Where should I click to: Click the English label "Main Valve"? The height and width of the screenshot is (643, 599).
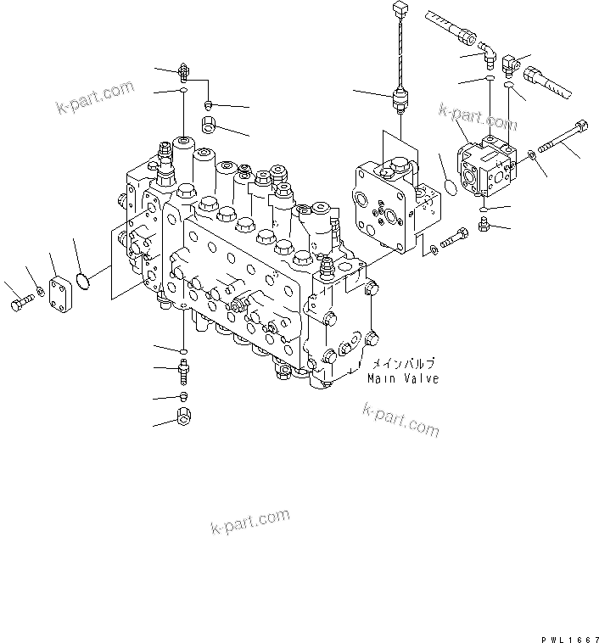[403, 378]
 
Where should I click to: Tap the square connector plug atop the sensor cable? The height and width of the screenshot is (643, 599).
[400, 10]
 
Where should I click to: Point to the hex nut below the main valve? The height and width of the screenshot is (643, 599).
[183, 417]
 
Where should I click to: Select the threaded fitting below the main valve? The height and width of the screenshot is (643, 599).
[182, 369]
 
